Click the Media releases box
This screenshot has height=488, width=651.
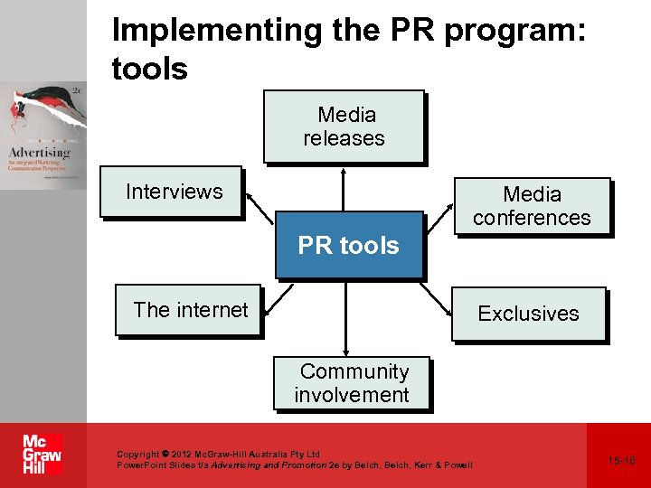click(344, 126)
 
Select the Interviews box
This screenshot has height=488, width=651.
click(171, 192)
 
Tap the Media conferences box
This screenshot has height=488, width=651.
click(532, 206)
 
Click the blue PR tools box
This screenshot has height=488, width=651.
click(349, 245)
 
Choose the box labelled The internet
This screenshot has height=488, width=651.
click(189, 310)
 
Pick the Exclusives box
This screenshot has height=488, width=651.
click(528, 314)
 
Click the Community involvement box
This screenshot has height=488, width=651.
click(353, 383)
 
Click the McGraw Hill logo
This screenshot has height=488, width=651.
click(42, 455)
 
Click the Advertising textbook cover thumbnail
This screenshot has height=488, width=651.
click(43, 136)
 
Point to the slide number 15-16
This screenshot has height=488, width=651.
click(621, 461)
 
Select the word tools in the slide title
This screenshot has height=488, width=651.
click(149, 68)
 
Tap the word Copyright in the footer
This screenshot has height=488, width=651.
click(138, 454)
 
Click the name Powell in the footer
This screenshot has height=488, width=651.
click(456, 465)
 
